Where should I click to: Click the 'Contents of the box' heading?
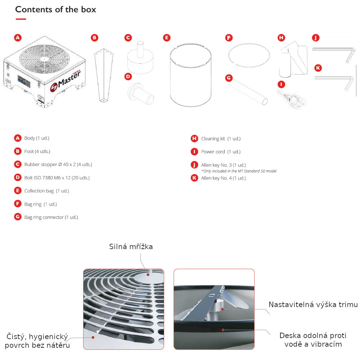(55, 9)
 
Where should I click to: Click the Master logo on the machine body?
(66, 80)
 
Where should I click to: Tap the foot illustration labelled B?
(104, 75)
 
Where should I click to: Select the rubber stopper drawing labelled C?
(140, 58)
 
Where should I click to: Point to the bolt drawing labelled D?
(141, 94)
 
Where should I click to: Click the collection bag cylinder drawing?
(190, 75)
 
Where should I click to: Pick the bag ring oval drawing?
(249, 55)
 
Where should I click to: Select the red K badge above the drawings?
(318, 68)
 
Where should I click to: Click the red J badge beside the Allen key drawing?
(316, 38)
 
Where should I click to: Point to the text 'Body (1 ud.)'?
(37, 138)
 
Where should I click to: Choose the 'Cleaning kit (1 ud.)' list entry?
(221, 139)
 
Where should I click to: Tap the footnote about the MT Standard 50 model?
(239, 171)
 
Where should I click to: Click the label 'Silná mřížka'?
(131, 247)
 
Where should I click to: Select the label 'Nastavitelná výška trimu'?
(313, 305)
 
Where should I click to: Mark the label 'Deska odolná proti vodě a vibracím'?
(313, 340)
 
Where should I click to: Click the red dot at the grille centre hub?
(148, 275)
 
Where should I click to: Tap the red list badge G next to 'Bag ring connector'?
(18, 217)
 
